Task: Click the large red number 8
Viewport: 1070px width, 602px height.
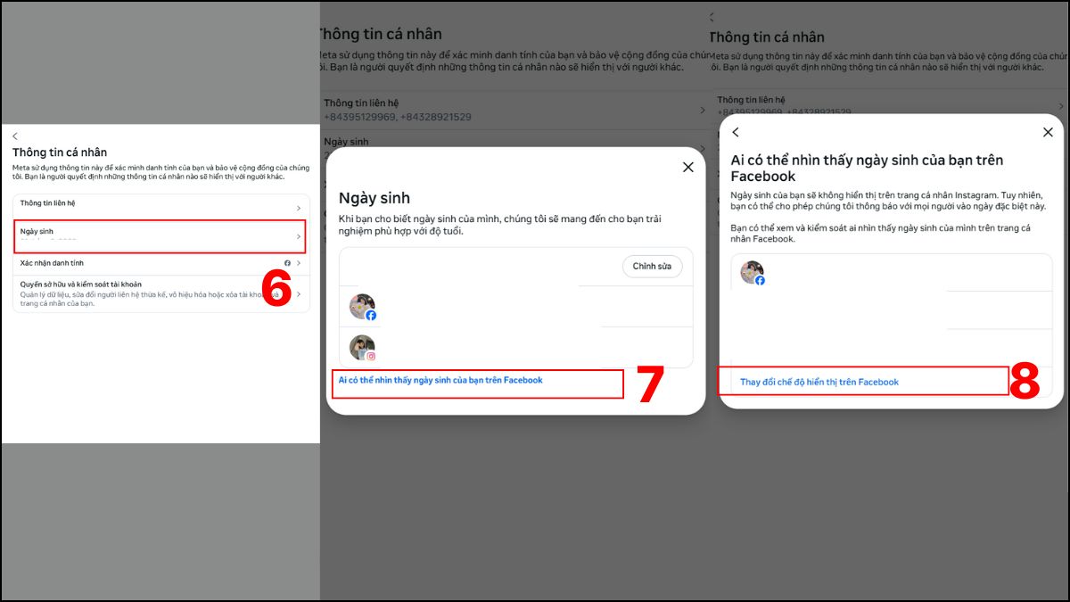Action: click(x=1025, y=381)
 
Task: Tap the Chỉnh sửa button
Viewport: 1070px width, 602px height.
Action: click(x=652, y=267)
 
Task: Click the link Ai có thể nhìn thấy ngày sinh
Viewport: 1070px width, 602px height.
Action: click(x=440, y=381)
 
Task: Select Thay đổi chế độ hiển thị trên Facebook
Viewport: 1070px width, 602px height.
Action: click(x=819, y=382)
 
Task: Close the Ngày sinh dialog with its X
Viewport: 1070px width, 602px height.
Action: click(x=687, y=167)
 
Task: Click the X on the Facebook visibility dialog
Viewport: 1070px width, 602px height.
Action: click(x=1048, y=132)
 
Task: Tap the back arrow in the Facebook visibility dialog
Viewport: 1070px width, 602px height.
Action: click(x=736, y=132)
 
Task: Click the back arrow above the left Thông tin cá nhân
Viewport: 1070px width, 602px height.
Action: click(x=15, y=136)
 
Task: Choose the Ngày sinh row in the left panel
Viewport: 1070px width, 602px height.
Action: click(x=160, y=236)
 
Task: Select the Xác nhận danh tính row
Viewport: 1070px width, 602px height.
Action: click(x=160, y=263)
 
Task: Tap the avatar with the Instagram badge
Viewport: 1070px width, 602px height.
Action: click(x=362, y=348)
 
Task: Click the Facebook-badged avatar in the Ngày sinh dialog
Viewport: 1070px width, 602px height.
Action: click(x=362, y=307)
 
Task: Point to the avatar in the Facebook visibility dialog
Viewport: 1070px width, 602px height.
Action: click(x=753, y=273)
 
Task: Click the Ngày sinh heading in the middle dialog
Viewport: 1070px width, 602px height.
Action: click(x=374, y=198)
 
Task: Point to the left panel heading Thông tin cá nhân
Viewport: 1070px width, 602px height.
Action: click(x=60, y=153)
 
